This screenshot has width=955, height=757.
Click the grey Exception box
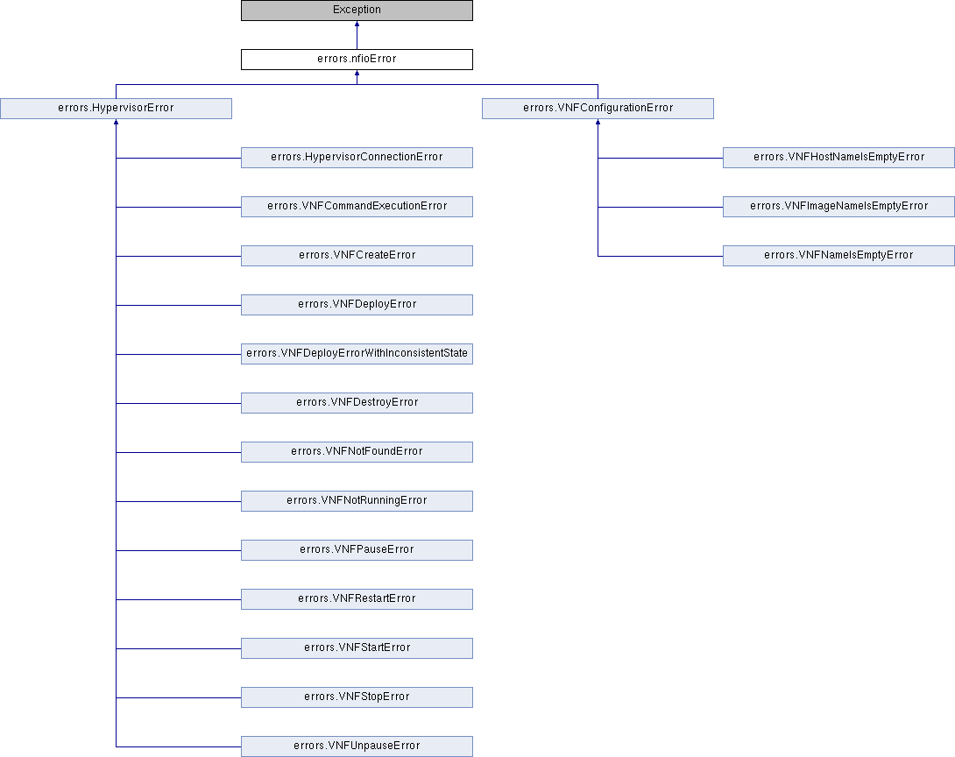(357, 11)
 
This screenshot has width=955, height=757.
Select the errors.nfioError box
(357, 59)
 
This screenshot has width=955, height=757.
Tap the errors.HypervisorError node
(116, 109)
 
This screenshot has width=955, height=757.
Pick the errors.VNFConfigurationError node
(598, 109)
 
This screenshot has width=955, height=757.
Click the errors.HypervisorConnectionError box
(357, 158)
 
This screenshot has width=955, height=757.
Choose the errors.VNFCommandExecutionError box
(357, 207)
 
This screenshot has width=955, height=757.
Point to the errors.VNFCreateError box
(357, 256)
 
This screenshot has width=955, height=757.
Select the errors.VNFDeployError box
(357, 305)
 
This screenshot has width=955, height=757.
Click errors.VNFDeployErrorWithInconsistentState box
(357, 354)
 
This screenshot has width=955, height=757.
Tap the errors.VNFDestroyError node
(357, 403)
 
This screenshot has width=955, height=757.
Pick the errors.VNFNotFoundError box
(357, 452)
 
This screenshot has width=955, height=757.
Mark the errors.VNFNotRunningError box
(357, 501)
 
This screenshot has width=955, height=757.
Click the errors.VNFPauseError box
(357, 550)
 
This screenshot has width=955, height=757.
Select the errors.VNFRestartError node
(357, 599)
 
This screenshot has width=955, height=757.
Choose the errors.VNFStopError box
(357, 697)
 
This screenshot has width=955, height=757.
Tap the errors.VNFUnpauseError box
(357, 746)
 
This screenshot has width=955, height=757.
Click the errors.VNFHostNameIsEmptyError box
(838, 158)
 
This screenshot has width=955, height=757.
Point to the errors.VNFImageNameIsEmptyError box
(838, 207)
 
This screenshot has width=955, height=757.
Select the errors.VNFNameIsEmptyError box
(838, 256)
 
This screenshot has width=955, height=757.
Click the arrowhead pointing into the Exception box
(357, 24)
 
